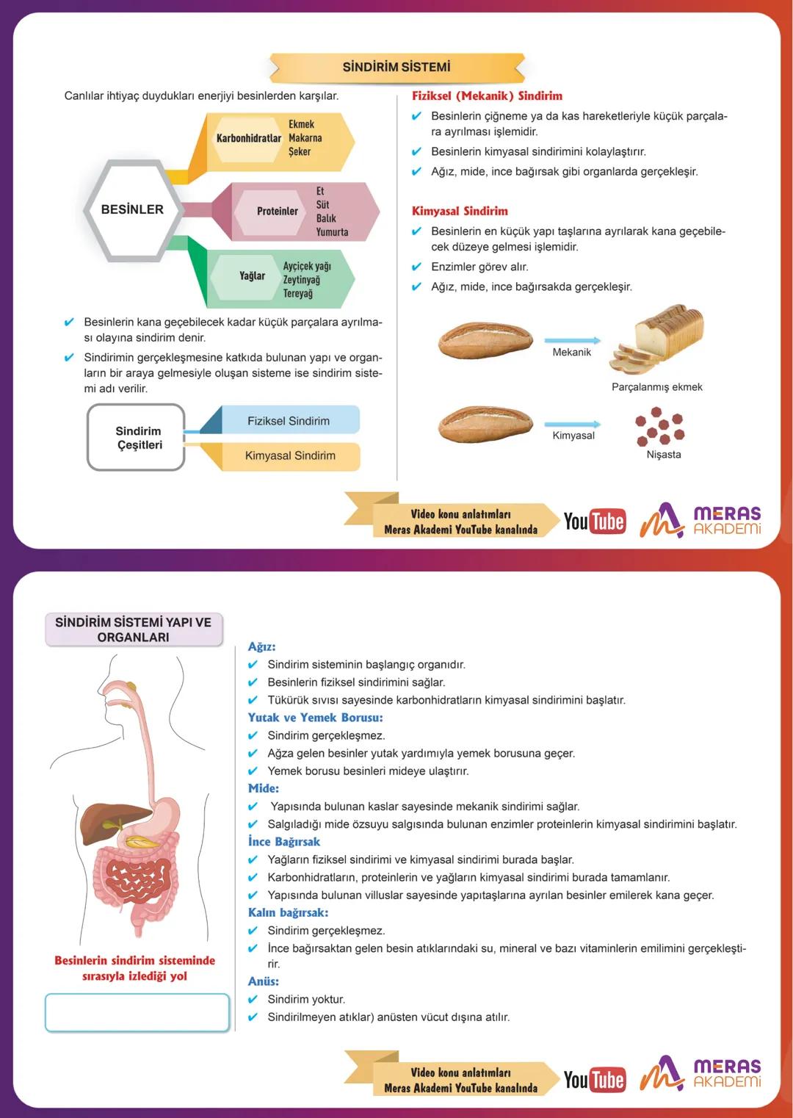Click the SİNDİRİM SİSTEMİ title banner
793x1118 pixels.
pyautogui.click(x=396, y=68)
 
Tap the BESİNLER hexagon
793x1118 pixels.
pyautogui.click(x=132, y=209)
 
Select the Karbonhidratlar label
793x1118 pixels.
pyautogui.click(x=248, y=138)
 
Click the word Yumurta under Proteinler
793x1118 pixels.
pyautogui.click(x=332, y=232)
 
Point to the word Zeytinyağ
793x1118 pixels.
pyautogui.click(x=301, y=280)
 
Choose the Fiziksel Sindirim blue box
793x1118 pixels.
pyautogui.click(x=289, y=421)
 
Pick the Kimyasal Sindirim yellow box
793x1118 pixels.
pyautogui.click(x=290, y=455)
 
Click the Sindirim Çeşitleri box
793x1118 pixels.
pyautogui.click(x=138, y=438)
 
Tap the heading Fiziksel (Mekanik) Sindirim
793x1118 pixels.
pyautogui.click(x=487, y=96)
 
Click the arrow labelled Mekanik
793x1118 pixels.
pyautogui.click(x=572, y=341)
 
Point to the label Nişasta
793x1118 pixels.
pyautogui.click(x=663, y=455)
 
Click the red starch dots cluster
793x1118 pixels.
pyautogui.click(x=659, y=429)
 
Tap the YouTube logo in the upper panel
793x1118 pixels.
pyautogui.click(x=594, y=522)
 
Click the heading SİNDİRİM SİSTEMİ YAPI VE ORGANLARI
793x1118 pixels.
pyautogui.click(x=133, y=630)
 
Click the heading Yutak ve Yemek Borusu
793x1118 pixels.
pyautogui.click(x=315, y=718)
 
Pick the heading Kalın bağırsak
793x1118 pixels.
pyautogui.click(x=288, y=912)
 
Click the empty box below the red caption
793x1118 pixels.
pyautogui.click(x=137, y=1012)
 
